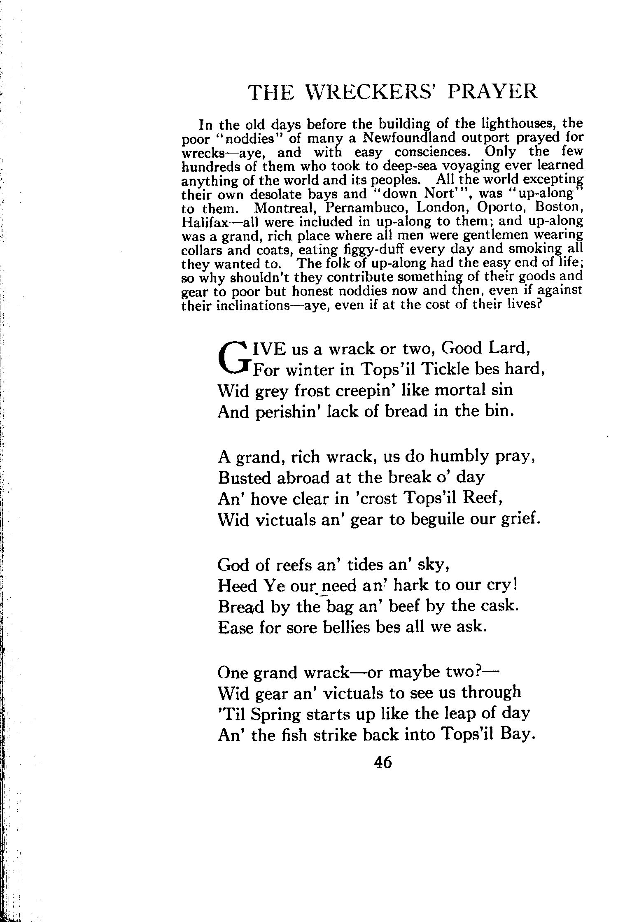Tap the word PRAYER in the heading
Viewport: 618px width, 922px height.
tap(492, 92)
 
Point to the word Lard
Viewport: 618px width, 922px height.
tap(509, 348)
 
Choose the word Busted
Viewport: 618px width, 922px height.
tap(245, 477)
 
